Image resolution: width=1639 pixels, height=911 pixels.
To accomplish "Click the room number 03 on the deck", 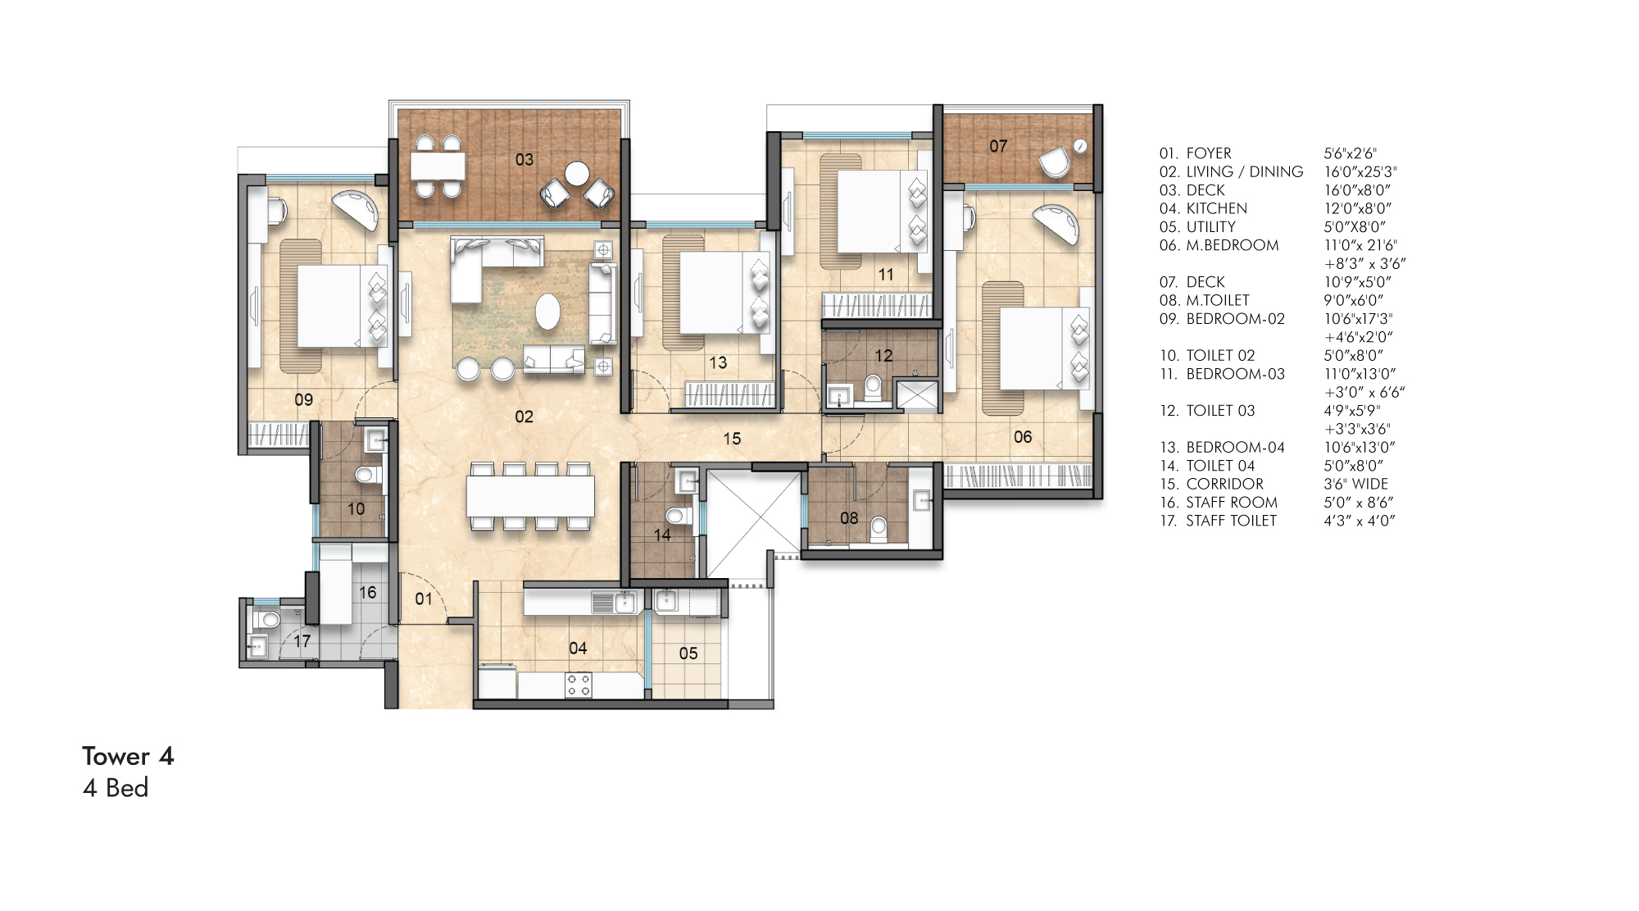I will pyautogui.click(x=524, y=159).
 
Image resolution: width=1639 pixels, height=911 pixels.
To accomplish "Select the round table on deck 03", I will pyautogui.click(x=577, y=173).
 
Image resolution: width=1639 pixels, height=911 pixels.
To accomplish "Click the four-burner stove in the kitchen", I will pyautogui.click(x=578, y=685).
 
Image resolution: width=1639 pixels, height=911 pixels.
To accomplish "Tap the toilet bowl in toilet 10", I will pyautogui.click(x=366, y=475).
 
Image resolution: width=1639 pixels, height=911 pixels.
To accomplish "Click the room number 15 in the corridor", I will pyautogui.click(x=732, y=439).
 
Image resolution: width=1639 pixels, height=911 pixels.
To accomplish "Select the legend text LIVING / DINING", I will pyautogui.click(x=1244, y=171).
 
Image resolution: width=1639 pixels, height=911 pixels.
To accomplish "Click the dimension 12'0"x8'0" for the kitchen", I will pyautogui.click(x=1357, y=208).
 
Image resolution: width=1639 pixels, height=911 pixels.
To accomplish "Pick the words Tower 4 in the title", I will pyautogui.click(x=128, y=756).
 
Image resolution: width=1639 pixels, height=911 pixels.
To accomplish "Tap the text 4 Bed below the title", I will pyautogui.click(x=116, y=788).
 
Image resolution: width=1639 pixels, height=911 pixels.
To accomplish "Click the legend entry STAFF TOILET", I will pyautogui.click(x=1231, y=521).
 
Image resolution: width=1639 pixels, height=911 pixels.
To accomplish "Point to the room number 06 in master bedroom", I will pyautogui.click(x=1023, y=437).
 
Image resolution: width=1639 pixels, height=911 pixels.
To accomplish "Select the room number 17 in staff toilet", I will pyautogui.click(x=302, y=641).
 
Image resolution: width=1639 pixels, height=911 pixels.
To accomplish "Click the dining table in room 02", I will pyautogui.click(x=530, y=496).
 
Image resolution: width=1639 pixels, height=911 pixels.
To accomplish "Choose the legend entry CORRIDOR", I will pyautogui.click(x=1224, y=484).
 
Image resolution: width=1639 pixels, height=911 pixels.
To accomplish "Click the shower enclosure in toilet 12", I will pyautogui.click(x=917, y=395).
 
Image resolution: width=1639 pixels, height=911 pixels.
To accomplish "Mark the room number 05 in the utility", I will pyautogui.click(x=688, y=654).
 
